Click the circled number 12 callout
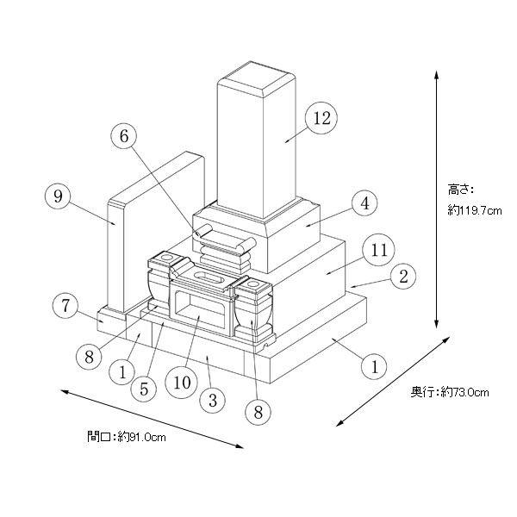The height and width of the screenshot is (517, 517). click(x=321, y=118)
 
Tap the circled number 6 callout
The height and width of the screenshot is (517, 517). click(x=124, y=136)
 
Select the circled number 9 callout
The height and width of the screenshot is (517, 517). click(x=58, y=196)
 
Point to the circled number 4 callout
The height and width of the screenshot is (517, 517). click(x=365, y=203)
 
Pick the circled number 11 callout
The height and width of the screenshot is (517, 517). click(x=379, y=250)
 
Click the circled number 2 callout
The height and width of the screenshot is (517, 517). click(x=403, y=277)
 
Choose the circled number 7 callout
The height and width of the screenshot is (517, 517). click(x=66, y=305)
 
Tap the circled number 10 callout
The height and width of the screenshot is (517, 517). click(x=182, y=383)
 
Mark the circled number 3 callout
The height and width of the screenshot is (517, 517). click(x=213, y=401)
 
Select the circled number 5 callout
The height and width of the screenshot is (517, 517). click(x=144, y=389)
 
